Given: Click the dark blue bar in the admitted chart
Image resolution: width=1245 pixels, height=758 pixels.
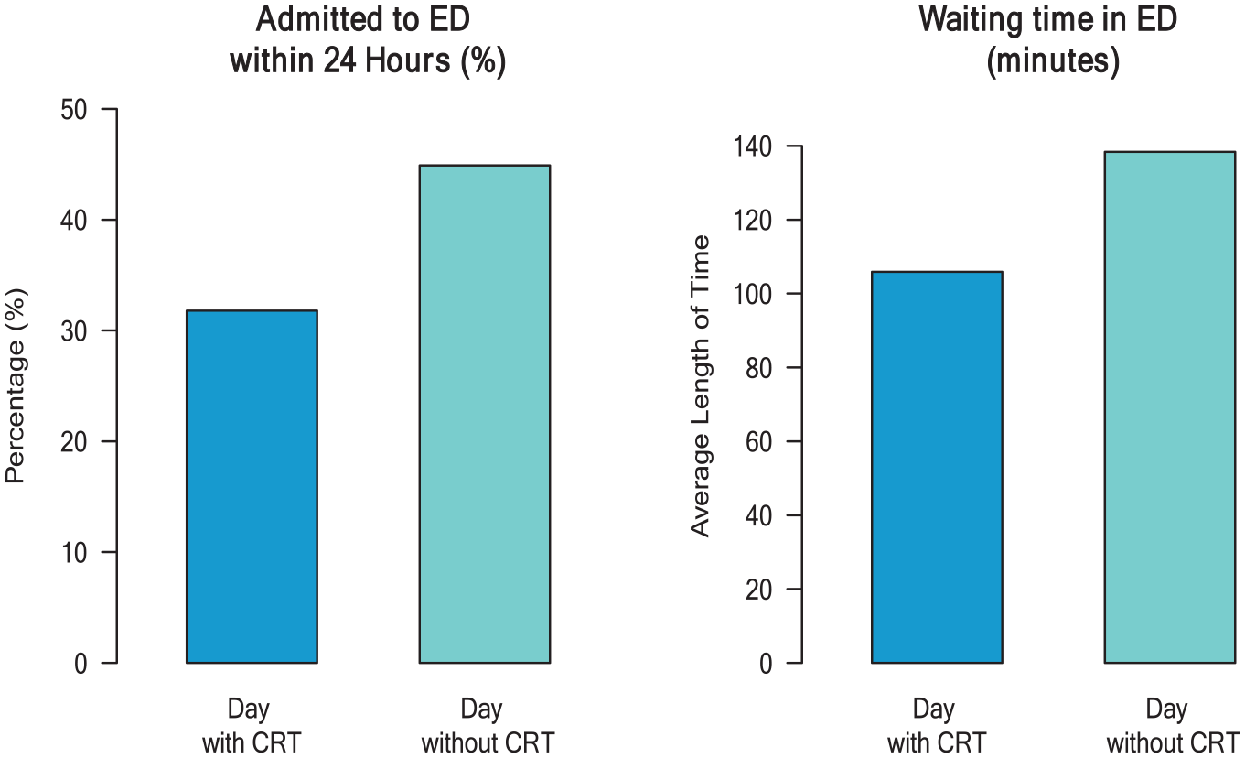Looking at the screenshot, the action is pyautogui.click(x=252, y=487).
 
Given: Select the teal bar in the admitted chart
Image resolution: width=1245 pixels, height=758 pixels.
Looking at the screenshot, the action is pyautogui.click(x=485, y=414).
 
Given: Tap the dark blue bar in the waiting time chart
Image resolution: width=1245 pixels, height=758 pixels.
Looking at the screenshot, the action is pyautogui.click(x=937, y=467).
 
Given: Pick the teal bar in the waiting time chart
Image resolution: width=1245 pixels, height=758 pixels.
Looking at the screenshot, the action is pyautogui.click(x=1170, y=407).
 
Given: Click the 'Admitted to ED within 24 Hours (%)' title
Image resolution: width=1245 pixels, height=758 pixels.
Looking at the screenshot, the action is pyautogui.click(x=367, y=40).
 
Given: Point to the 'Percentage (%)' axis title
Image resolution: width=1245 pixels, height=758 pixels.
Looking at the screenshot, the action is pyautogui.click(x=15, y=386).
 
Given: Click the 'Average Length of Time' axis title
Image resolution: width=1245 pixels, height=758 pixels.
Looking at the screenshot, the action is pyautogui.click(x=701, y=386).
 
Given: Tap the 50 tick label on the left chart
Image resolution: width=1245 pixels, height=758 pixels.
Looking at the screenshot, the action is pyautogui.click(x=74, y=110).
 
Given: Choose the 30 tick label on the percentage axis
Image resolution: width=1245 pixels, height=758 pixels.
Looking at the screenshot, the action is pyautogui.click(x=74, y=331).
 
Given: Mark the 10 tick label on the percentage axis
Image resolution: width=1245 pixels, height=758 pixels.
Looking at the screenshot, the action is pyautogui.click(x=74, y=553).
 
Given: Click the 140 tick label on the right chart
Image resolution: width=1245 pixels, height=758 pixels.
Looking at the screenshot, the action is pyautogui.click(x=753, y=146).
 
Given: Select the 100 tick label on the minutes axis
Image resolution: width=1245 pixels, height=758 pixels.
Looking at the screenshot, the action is pyautogui.click(x=753, y=294).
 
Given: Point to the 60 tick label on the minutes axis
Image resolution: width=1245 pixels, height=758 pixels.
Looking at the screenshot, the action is pyautogui.click(x=759, y=442).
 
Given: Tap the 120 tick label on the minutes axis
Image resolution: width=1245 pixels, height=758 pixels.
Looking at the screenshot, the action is pyautogui.click(x=753, y=221).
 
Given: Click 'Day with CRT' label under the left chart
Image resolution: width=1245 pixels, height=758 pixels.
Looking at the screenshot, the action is pyautogui.click(x=252, y=727).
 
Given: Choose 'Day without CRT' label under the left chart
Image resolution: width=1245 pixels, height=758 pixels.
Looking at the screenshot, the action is pyautogui.click(x=488, y=727).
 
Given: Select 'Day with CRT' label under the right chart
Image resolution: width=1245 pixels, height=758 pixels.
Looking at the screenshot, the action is pyautogui.click(x=937, y=727).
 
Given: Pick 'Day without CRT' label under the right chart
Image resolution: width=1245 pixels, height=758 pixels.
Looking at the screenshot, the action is pyautogui.click(x=1173, y=727).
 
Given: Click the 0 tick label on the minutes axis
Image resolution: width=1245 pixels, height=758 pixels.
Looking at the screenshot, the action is pyautogui.click(x=767, y=664).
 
